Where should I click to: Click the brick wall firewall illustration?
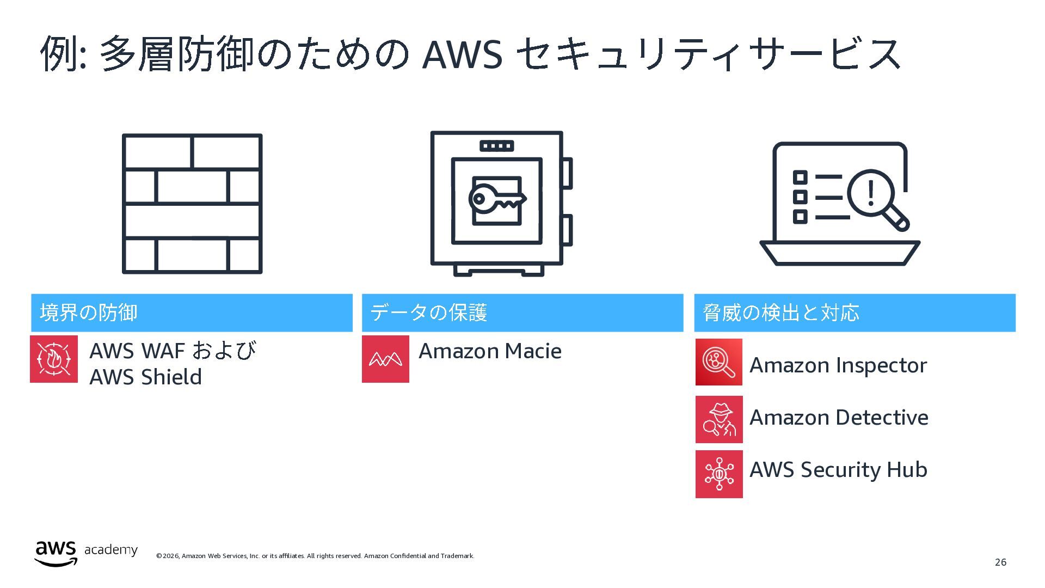coord(192,204)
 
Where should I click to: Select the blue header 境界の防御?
coord(192,313)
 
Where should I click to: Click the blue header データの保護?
coord(522,313)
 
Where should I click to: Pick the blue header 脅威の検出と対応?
coord(855,313)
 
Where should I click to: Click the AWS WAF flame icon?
coord(54,359)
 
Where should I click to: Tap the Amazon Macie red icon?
coord(385,359)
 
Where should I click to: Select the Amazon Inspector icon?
coord(718,362)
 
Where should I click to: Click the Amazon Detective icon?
coord(719,419)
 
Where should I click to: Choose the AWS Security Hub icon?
coord(719,474)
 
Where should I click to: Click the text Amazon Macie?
coord(490,351)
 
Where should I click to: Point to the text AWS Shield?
coord(145,377)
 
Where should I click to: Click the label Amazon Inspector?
coord(838,365)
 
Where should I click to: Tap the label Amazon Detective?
coord(839,418)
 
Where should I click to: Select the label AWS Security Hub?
coord(838,470)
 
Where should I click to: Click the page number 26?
coord(1000,562)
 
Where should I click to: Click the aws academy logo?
coord(86,553)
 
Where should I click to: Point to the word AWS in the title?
coord(462,54)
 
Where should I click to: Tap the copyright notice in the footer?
coord(315,556)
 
